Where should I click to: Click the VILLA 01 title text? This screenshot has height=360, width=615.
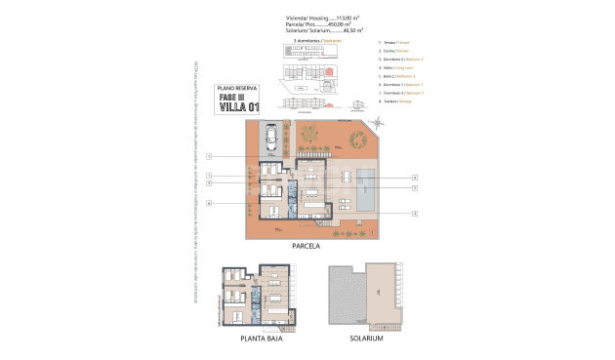(x=238, y=108)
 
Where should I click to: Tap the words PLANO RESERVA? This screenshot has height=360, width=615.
(x=238, y=88)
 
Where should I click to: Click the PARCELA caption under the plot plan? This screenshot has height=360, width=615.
(x=306, y=247)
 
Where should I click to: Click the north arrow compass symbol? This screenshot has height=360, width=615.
(x=383, y=121)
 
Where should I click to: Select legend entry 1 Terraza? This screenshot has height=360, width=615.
(x=395, y=44)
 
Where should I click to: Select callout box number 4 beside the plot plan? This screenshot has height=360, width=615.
(x=415, y=177)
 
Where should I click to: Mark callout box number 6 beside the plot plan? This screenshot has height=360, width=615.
(x=209, y=203)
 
